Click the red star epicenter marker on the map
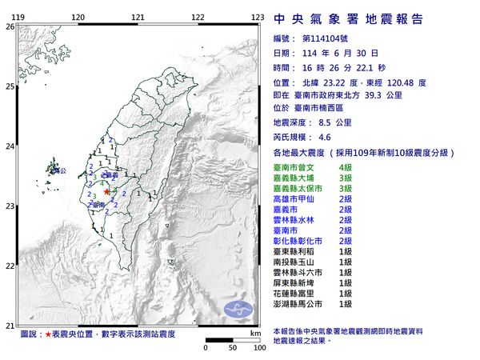click(107, 192)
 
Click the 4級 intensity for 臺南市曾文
click(346, 166)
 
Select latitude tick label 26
click(10, 26)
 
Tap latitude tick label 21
click(10, 325)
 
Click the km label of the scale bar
click(254, 332)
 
